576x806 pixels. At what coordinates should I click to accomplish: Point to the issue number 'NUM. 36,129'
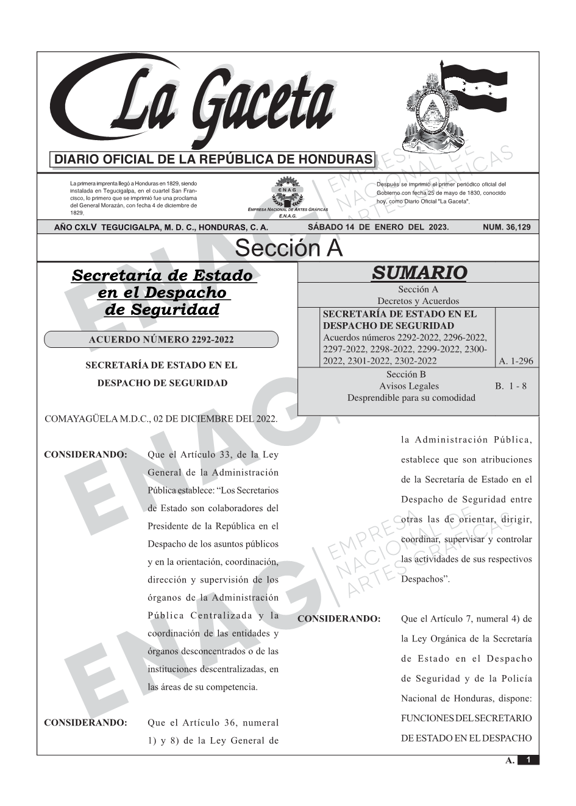[507, 227]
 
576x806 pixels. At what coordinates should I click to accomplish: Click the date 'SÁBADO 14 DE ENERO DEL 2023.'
[378, 227]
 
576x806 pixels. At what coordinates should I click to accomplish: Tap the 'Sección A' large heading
[288, 249]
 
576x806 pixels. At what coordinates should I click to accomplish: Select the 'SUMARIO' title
[419, 273]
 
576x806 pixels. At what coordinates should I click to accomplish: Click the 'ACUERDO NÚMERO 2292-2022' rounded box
[161, 339]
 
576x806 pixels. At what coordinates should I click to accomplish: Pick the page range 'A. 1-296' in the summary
[516, 361]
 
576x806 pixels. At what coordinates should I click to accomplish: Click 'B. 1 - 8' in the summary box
[511, 386]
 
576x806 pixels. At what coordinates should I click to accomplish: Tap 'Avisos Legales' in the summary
[408, 386]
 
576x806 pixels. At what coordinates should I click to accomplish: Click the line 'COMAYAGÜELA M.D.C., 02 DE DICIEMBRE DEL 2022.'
[161, 419]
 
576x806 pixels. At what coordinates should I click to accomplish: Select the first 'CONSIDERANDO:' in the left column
[85, 454]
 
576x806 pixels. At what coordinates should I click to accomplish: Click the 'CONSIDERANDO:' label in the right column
[339, 619]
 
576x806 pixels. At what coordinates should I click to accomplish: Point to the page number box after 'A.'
[528, 760]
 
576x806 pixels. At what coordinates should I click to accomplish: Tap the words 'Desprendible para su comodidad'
[411, 398]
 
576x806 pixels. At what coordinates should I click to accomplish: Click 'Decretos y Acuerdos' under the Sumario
[418, 301]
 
